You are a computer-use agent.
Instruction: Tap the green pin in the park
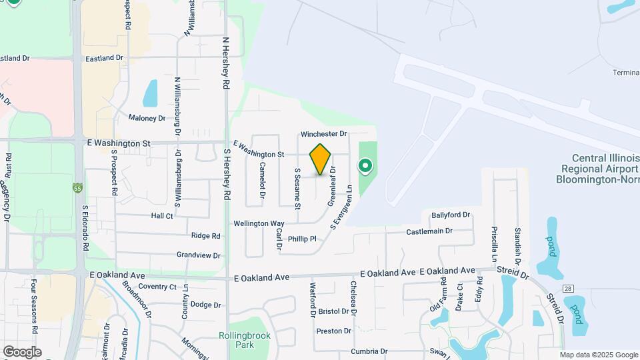coord(365,165)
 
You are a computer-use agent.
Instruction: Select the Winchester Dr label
coord(324,134)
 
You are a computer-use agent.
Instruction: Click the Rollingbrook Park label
coord(237,340)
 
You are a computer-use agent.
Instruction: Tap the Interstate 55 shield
coord(79,187)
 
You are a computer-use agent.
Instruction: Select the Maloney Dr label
coord(147,118)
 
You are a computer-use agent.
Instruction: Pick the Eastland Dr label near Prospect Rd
coord(104,59)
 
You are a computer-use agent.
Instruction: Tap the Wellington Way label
coord(259,223)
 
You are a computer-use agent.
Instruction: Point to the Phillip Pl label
coord(301,239)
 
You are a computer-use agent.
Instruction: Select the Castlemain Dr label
coord(429,231)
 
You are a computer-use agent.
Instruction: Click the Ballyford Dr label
coord(451,215)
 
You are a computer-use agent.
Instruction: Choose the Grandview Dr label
coord(198,255)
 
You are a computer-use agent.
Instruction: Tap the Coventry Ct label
coord(157,287)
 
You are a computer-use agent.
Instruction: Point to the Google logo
coord(22,351)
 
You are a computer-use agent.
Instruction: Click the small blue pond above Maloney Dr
coord(151,93)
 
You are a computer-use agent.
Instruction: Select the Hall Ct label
coord(162,216)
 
